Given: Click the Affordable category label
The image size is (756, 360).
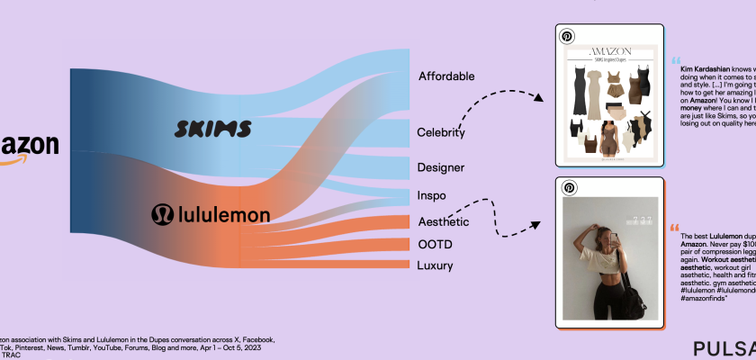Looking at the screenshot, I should click(x=458, y=76).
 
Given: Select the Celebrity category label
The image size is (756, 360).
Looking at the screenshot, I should click(x=441, y=133).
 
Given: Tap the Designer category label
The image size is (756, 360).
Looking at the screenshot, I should click(x=441, y=167).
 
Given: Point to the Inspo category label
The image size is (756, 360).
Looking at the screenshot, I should click(x=431, y=195).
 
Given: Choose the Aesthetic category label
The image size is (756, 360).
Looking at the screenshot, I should click(x=444, y=221).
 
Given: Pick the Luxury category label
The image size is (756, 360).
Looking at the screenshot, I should click(x=436, y=265).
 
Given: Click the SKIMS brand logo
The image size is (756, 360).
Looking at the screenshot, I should click(x=211, y=129).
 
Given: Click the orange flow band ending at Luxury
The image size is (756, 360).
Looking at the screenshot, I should click(x=360, y=265).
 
